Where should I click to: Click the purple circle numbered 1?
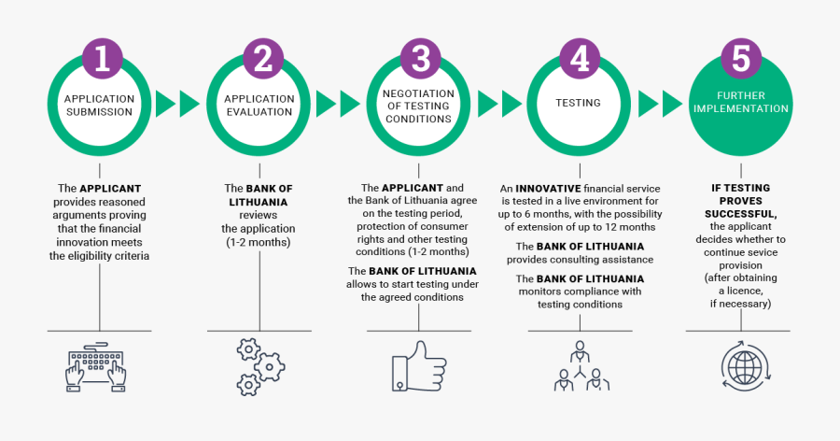click(100, 58)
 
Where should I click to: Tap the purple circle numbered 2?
click(261, 58)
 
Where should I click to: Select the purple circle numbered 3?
click(421, 58)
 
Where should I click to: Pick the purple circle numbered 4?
click(580, 58)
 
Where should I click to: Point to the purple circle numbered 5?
click(740, 58)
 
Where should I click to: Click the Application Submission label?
click(99, 105)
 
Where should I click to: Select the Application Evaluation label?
click(259, 105)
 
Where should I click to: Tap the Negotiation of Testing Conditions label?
click(419, 106)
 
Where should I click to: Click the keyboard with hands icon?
click(97, 368)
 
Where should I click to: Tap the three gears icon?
click(259, 368)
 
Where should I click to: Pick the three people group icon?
click(580, 367)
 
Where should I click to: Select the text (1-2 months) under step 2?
click(258, 242)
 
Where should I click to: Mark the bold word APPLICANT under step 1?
click(110, 188)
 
